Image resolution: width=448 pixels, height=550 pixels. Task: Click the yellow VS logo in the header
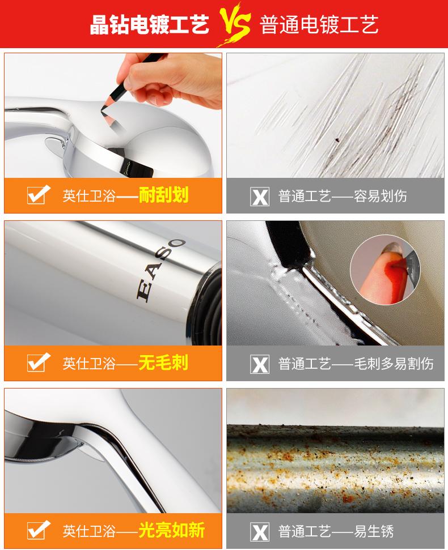(x=235, y=24)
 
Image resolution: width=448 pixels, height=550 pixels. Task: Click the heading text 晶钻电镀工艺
(x=150, y=24)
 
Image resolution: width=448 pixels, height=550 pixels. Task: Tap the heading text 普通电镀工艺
(x=319, y=24)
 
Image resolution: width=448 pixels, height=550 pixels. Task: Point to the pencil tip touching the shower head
(x=102, y=109)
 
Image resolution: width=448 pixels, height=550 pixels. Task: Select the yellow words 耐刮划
(x=164, y=195)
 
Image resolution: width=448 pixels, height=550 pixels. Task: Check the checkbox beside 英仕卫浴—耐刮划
(x=38, y=195)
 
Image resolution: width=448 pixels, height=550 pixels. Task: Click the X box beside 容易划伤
(x=260, y=197)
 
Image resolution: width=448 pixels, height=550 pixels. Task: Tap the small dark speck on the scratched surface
(x=337, y=140)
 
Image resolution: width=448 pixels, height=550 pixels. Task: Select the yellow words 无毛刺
(x=164, y=363)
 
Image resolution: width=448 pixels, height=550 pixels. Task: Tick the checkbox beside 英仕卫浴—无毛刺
(x=38, y=363)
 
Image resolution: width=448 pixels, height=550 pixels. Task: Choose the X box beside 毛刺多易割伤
(x=260, y=364)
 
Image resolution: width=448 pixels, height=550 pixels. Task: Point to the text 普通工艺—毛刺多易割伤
(x=356, y=364)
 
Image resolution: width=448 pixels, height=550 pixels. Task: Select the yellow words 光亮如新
(x=172, y=530)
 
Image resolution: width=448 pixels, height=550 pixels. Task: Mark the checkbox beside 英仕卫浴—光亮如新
(x=38, y=530)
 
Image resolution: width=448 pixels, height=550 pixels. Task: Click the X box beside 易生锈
(x=260, y=532)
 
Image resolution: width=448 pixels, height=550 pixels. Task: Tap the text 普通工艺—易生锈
(x=336, y=531)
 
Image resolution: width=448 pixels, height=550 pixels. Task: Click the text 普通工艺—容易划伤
(x=343, y=196)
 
